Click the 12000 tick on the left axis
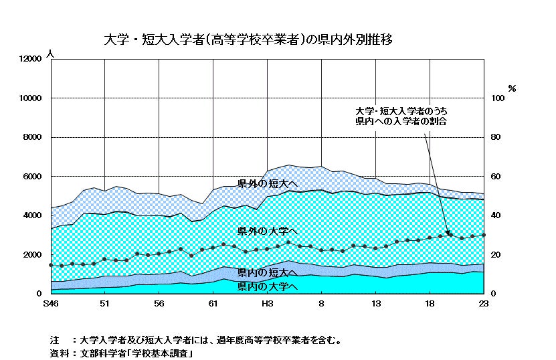(x=31, y=59)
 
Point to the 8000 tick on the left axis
(x=33, y=137)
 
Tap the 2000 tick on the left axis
(x=33, y=255)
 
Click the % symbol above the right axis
(x=512, y=88)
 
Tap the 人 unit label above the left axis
(x=49, y=53)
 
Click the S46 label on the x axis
(x=51, y=304)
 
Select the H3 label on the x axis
(x=267, y=304)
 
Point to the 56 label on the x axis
(x=159, y=304)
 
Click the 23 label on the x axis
(x=484, y=304)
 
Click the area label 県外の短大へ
(x=268, y=183)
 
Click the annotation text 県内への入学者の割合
(x=401, y=122)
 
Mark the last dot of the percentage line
(x=484, y=235)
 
